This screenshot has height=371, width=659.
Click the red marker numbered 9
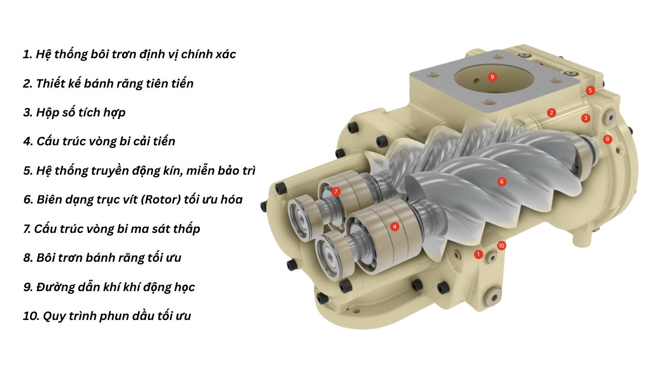click(492, 77)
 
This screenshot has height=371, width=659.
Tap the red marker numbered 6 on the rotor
click(501, 181)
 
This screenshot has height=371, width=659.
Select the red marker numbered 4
click(394, 226)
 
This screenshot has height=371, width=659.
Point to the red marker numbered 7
click(336, 191)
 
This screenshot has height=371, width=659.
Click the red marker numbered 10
click(501, 246)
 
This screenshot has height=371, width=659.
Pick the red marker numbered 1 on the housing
click(479, 254)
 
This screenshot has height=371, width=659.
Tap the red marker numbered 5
click(590, 91)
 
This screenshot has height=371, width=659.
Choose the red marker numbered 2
click(551, 112)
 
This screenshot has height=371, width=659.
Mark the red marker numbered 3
click(585, 118)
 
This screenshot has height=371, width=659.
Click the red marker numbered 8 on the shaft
click(608, 139)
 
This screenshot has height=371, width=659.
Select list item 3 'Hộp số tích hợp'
click(74, 112)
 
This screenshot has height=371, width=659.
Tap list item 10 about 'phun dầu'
click(107, 316)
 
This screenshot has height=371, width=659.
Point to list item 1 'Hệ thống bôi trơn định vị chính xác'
click(129, 54)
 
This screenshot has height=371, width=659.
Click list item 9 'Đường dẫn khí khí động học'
click(109, 287)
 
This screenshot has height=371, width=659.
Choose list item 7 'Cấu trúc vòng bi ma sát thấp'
click(112, 229)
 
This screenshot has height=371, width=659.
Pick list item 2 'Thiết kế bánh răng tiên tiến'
click(108, 83)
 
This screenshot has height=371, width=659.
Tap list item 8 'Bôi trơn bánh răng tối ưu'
click(102, 258)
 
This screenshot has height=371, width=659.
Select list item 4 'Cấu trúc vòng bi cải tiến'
click(99, 141)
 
